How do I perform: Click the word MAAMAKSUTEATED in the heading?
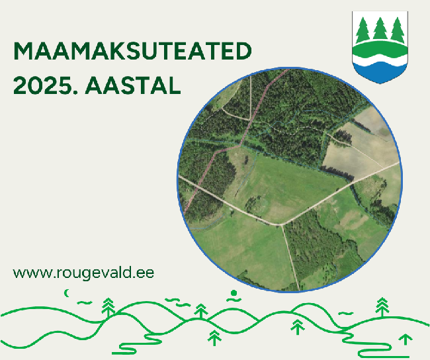(132, 51)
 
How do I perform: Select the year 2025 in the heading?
(43, 86)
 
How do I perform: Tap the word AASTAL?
(133, 86)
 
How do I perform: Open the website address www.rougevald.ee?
(83, 273)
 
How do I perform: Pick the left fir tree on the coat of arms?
(363, 30)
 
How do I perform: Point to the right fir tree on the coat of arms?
(398, 30)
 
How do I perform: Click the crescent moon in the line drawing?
(66, 293)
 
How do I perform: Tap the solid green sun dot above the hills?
(234, 293)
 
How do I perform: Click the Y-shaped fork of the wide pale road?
(282, 224)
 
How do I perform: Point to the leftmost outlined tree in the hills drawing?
(108, 307)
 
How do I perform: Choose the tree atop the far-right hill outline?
(382, 307)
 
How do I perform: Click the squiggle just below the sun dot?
(234, 299)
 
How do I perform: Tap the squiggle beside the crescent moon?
(85, 302)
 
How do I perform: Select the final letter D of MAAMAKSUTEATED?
(243, 51)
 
